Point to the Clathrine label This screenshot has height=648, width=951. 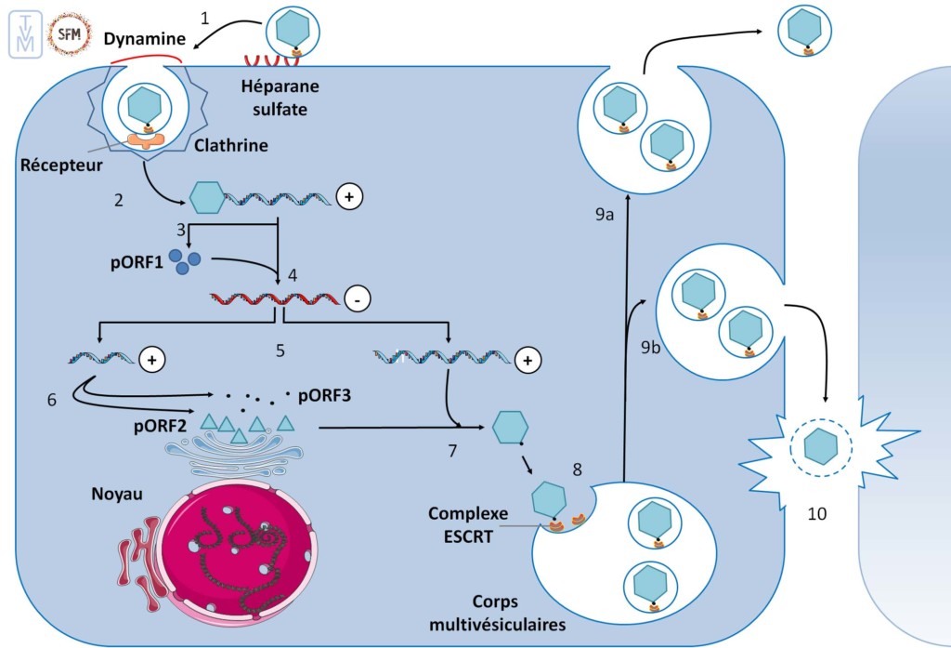pyautogui.click(x=232, y=145)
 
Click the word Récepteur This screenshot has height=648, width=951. pyautogui.click(x=60, y=165)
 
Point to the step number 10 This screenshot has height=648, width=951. pyautogui.click(x=816, y=511)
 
